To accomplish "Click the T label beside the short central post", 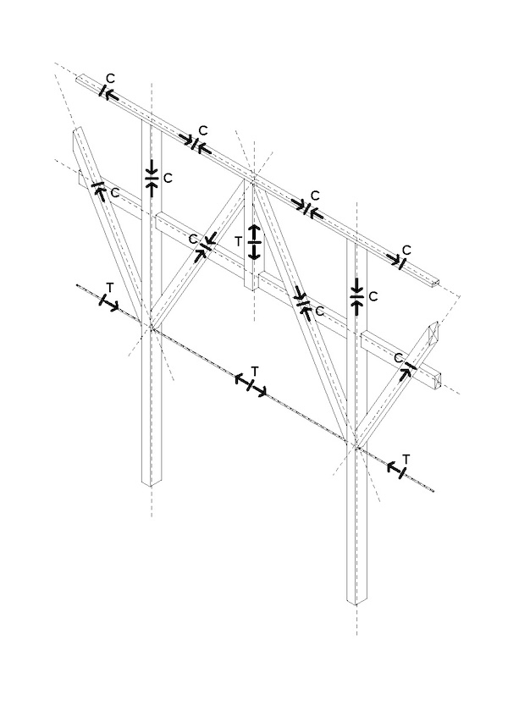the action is (x=240, y=241).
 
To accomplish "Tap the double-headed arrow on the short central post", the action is (x=254, y=241).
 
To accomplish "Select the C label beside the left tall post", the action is (x=168, y=178).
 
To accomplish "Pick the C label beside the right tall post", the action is (x=373, y=296).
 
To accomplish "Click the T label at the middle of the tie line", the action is (x=255, y=371).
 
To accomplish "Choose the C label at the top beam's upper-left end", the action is (x=111, y=79).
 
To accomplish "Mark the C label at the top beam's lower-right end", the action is (x=406, y=250).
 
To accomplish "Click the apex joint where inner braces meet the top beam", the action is (x=253, y=178).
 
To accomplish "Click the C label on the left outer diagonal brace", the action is (x=114, y=194).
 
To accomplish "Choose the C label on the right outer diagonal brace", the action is (x=397, y=358).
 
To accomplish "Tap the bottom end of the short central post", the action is (x=252, y=289).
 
